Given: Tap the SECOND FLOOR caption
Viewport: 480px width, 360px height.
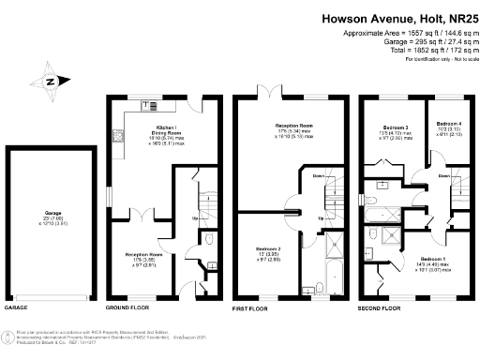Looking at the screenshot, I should (x=380, y=307).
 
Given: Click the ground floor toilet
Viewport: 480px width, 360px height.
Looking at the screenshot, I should (x=212, y=264).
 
